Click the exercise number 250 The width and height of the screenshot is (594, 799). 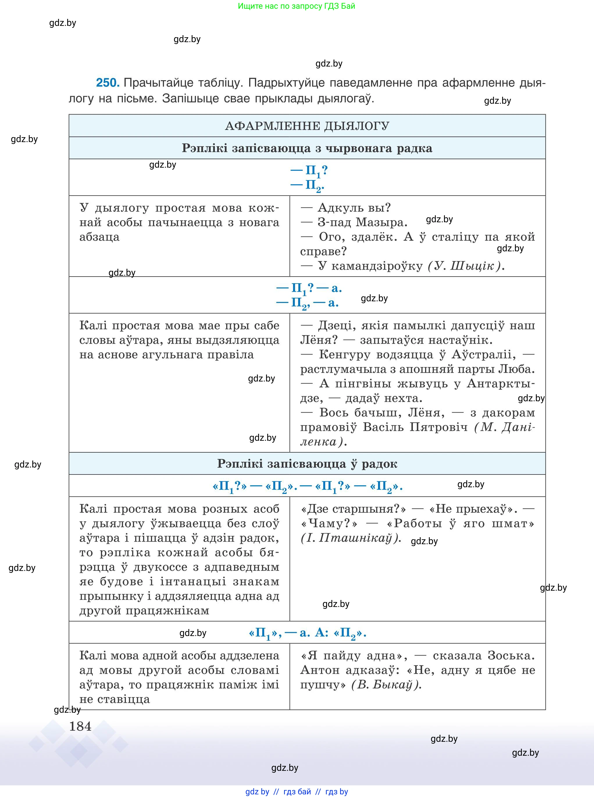point(108,83)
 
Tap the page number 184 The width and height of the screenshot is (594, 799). point(80,726)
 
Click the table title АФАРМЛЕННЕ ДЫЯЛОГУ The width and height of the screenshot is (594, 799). point(307,126)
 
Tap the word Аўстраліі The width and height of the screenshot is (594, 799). point(483,354)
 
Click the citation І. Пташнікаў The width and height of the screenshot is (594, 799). point(351,538)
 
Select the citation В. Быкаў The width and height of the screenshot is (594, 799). point(386,685)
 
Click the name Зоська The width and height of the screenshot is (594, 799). point(511,656)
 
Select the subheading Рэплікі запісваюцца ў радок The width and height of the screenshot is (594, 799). point(307,464)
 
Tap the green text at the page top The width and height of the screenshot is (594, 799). point(296,6)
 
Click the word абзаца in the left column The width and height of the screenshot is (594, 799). point(99,237)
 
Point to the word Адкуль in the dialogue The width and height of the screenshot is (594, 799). point(340,208)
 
